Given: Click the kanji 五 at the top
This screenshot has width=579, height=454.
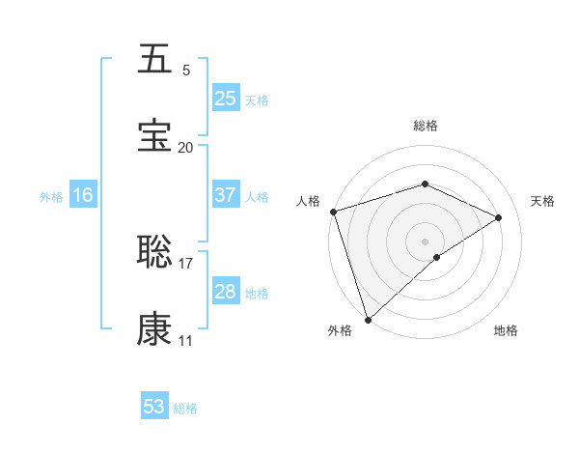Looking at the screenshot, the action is pos(154,60).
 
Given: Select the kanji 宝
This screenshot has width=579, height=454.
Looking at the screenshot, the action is pos(154,136).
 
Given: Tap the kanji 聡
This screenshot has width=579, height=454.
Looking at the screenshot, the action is pos(154,252).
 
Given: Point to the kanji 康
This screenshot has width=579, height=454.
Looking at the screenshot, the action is pos(154,329).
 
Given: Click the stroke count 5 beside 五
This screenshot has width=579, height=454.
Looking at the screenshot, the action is pos(185,70).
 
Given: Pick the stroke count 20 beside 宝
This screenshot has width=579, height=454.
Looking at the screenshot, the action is pos(185,147).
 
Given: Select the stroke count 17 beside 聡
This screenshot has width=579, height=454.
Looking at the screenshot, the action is pos(185,263).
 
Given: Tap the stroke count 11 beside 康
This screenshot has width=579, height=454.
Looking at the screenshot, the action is pos(185,340).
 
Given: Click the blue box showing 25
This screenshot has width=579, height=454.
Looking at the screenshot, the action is pos(225,99).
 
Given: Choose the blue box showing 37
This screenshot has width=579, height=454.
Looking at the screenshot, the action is pos(225,195).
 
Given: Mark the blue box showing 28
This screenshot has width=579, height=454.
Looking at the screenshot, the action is pos(225,292).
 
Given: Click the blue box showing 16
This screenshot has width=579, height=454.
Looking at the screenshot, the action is pos(83,195).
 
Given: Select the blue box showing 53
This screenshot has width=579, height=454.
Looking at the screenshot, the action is pos(154,407).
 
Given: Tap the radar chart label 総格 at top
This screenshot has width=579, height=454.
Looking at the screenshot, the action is pos(426,126).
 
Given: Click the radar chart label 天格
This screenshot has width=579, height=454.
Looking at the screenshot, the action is pos(542,201).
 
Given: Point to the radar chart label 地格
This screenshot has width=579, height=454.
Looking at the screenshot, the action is pos(506,330).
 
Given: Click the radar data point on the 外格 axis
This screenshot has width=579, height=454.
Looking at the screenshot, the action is pos(368,319).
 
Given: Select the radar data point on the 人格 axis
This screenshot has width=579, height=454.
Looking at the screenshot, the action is pos(333,212).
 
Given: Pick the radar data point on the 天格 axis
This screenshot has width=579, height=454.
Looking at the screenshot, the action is pos(499,217).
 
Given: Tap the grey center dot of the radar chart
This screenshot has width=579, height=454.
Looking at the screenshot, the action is pos(426,241).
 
